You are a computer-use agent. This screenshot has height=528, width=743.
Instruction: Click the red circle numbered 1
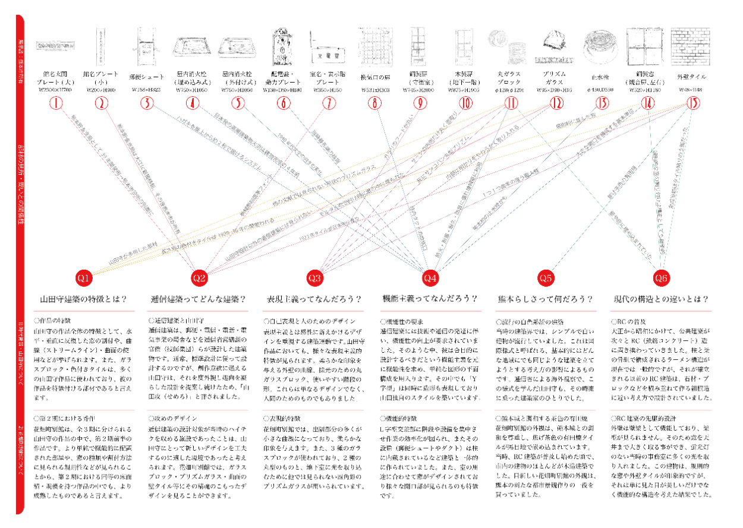point(56,103)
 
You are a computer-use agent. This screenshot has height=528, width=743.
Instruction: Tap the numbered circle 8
point(375,103)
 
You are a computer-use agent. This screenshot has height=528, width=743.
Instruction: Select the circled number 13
point(602,103)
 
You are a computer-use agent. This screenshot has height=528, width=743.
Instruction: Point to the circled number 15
point(693,103)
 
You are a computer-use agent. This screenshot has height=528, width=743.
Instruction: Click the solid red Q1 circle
point(84,277)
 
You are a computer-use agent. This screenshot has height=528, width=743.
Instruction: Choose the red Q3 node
point(315,277)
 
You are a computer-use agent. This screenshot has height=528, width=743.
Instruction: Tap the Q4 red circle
point(430,277)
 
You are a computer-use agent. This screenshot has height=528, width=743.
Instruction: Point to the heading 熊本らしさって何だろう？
point(546,299)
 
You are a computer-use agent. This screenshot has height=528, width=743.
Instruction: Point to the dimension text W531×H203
point(375,90)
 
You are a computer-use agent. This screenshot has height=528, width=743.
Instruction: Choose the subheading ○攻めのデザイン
point(172,418)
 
